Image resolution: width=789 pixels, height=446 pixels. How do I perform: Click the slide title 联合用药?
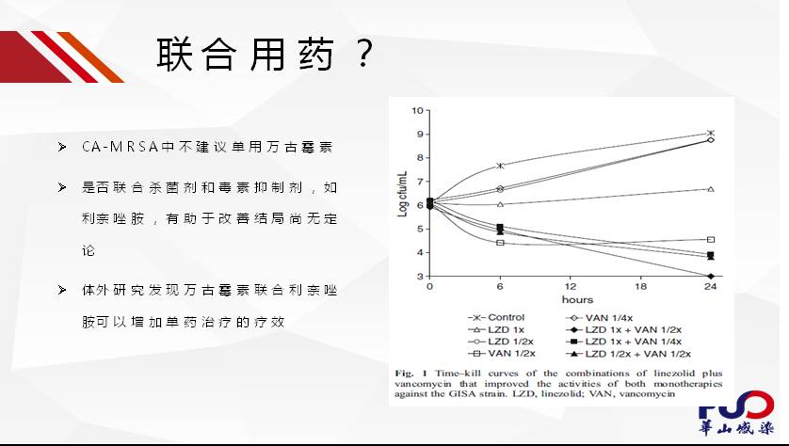245,54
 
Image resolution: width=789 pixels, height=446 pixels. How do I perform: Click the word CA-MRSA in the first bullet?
121,147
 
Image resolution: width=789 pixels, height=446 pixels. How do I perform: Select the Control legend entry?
496,317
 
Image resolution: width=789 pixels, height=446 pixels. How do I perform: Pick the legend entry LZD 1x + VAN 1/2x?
623,330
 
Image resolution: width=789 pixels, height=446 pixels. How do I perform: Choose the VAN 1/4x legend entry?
600,318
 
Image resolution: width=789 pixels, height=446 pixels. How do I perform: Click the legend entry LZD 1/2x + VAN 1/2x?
629,354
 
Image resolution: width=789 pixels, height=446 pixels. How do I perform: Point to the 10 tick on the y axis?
417,110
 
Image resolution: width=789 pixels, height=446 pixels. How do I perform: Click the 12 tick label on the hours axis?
571,287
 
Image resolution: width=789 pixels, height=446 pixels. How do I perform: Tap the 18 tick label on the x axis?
640,287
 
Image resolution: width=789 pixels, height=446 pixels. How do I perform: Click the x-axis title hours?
577,299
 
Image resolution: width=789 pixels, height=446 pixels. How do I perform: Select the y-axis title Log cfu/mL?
403,194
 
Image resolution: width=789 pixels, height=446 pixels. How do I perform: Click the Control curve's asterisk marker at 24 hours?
711,134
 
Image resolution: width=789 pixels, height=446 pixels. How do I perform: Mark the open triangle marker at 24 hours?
711,189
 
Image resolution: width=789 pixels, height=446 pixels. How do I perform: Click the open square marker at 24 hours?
711,240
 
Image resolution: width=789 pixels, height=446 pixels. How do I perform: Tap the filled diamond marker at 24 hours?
711,276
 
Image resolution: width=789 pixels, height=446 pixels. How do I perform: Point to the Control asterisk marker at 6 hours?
500,166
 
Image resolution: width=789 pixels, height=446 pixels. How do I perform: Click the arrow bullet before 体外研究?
62,290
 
